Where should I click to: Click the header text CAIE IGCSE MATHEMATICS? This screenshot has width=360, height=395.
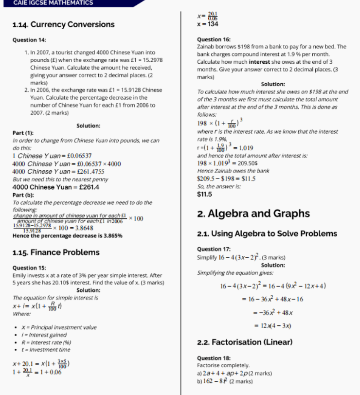tap(53, 3)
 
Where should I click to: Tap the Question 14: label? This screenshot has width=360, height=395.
tap(29, 39)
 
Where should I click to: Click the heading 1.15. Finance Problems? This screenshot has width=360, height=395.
tap(55, 252)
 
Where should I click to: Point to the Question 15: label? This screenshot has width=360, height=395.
tap(29, 268)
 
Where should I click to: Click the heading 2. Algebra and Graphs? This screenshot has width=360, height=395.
tap(253, 214)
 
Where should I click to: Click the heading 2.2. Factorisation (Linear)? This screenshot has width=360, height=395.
tap(245, 342)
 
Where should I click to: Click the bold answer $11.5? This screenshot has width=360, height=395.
tap(204, 194)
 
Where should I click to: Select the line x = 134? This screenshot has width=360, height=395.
tap(207, 24)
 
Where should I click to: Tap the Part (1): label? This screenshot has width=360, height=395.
tap(23, 133)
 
